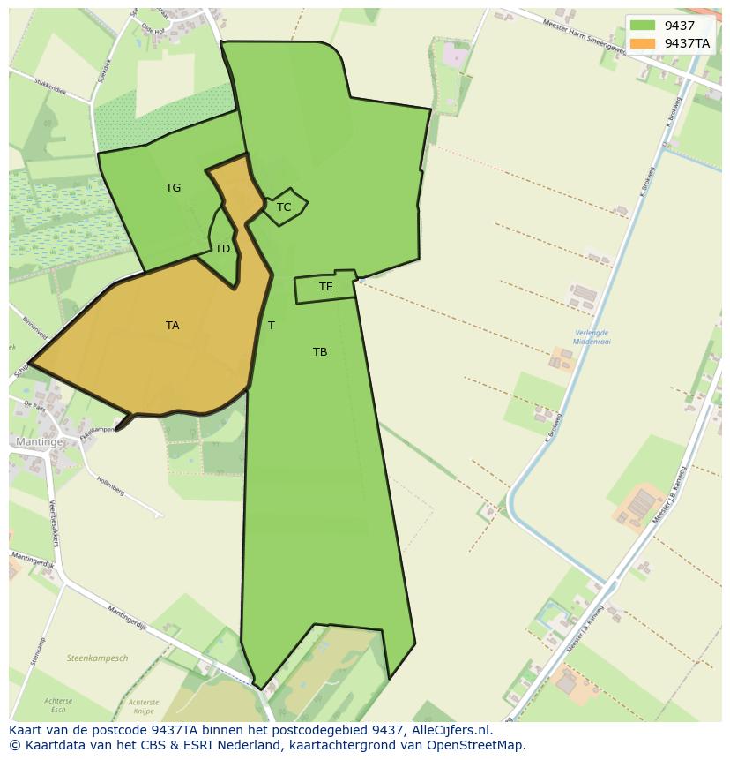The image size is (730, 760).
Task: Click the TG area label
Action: [x=173, y=188]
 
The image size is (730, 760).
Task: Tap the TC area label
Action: [x=284, y=208]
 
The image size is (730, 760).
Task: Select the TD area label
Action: [x=222, y=249]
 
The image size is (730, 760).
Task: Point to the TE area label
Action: [x=326, y=287]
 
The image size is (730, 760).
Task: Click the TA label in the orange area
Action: [x=172, y=326]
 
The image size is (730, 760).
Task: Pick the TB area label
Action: [x=320, y=352]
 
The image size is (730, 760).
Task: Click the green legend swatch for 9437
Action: [x=643, y=26]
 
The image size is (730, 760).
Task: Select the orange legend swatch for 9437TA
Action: [x=643, y=43]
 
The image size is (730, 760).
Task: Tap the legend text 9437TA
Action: [x=687, y=43]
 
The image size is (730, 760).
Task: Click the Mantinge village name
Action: [x=40, y=441]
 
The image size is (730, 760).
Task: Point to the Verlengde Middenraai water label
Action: [x=591, y=336]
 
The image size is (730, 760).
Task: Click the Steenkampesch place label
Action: [x=97, y=658]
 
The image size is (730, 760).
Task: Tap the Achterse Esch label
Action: [x=58, y=705]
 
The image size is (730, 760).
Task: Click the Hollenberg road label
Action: [x=111, y=485]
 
